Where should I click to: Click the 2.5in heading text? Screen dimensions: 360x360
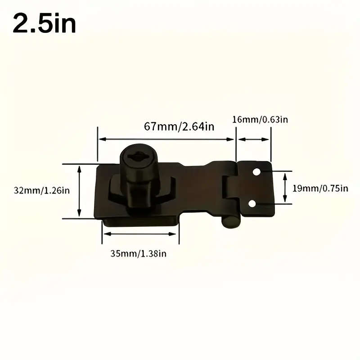click(x=44, y=23)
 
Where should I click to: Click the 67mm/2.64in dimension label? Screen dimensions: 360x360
click(x=179, y=126)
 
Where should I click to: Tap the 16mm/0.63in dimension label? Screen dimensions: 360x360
click(x=260, y=119)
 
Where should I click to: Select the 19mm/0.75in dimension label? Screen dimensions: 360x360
click(x=320, y=188)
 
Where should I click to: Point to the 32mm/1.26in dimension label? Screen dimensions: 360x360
click(x=41, y=190)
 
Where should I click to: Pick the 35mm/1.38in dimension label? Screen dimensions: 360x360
click(x=139, y=254)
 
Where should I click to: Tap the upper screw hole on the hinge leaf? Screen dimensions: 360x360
click(x=256, y=172)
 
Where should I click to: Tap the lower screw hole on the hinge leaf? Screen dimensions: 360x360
click(x=252, y=204)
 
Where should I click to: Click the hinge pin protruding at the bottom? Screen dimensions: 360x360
click(x=230, y=222)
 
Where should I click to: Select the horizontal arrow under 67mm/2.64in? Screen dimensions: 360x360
click(x=166, y=139)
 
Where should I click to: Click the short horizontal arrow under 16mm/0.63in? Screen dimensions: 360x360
click(x=253, y=139)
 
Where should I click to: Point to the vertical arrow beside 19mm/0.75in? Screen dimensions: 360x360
click(x=285, y=188)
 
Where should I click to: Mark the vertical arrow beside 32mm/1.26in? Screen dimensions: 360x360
click(x=79, y=191)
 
